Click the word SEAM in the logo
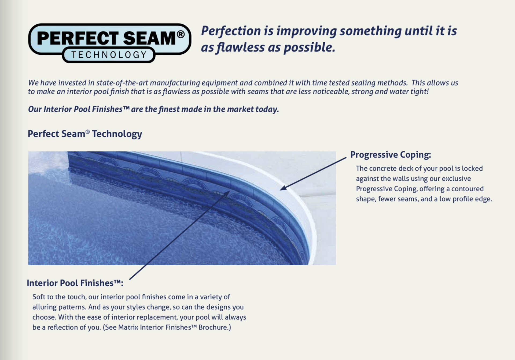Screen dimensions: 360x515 pos(149,38)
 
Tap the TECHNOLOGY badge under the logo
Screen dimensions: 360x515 pos(109,55)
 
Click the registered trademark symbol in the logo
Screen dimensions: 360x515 pos(181,34)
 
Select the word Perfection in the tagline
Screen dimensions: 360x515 pos(231,31)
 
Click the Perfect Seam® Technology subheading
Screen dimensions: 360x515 pos(85,133)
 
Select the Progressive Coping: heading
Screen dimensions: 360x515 pos(391,154)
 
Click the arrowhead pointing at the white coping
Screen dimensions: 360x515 pos(283,188)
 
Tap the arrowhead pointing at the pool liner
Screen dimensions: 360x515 pos(227,193)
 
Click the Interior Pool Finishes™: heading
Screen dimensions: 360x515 pos(75,283)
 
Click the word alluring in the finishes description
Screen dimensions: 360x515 pos(44,307)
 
